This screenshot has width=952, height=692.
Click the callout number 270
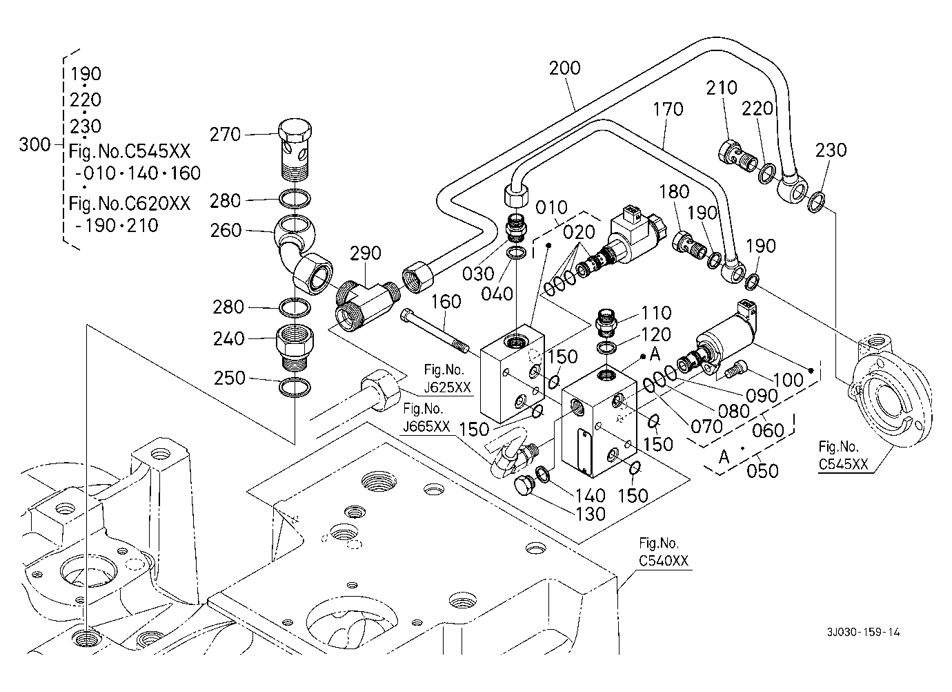(226, 135)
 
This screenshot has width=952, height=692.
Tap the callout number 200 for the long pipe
(565, 68)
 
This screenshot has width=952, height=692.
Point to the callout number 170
(668, 109)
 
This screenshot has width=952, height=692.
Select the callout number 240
(229, 338)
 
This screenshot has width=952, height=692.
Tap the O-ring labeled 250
(295, 387)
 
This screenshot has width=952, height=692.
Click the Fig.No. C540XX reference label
(664, 552)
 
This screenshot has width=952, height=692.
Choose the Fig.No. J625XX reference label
(447, 379)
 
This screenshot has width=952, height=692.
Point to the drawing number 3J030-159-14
(864, 632)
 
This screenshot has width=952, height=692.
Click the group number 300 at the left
(34, 144)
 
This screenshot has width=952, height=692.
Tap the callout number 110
(656, 314)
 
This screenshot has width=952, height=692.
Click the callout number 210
(722, 88)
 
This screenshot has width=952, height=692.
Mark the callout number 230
(831, 150)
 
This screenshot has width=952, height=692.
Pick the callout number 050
(762, 471)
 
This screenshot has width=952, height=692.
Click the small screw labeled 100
(735, 369)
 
